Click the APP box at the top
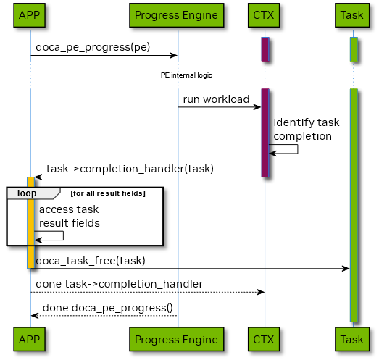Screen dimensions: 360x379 30,14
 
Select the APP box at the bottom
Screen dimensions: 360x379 30,339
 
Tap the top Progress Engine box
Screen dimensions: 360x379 176,14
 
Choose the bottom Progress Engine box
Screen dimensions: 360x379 176,339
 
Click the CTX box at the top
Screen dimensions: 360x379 265,14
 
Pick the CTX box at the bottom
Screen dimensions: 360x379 265,339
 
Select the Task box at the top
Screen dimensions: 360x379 352,14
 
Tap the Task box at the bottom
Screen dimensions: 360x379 352,339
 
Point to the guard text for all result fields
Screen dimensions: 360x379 108,193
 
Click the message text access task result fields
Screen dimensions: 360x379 69,216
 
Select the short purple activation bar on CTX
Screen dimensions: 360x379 265,49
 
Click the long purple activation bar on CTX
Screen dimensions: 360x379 265,132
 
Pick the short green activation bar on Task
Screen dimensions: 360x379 354,49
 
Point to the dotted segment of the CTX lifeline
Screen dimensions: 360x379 265,75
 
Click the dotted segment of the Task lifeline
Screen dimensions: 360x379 354,75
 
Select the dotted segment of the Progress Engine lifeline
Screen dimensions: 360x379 178,75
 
